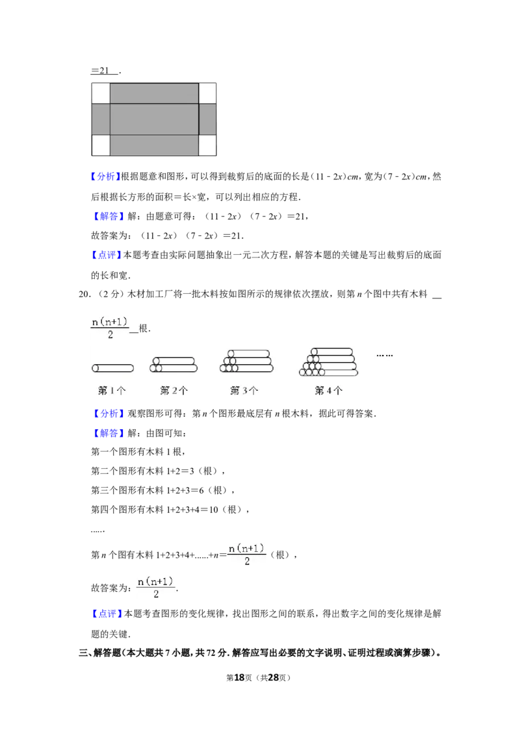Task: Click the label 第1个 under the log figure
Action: [x=112, y=391]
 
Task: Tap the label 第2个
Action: [x=174, y=391]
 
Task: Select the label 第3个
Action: [x=244, y=391]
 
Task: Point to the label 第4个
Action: [x=328, y=391]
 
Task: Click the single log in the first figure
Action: [x=112, y=369]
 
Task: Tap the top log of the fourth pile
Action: [x=331, y=352]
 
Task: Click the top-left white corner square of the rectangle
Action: [x=101, y=93]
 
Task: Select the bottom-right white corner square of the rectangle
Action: [x=207, y=146]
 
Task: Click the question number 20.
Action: [x=84, y=295]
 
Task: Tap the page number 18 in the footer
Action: [x=239, y=677]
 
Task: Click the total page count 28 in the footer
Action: [x=273, y=677]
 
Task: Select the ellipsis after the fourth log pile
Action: [x=384, y=356]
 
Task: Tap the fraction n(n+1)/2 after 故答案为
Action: [x=156, y=588]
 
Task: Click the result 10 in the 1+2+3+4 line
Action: [x=214, y=510]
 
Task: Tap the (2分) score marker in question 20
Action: [x=110, y=295]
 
